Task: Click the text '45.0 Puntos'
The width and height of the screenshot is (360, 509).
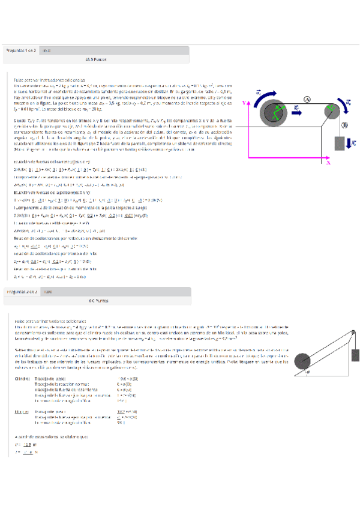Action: pyautogui.click(x=96, y=60)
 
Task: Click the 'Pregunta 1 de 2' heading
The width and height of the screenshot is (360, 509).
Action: pyautogui.click(x=21, y=51)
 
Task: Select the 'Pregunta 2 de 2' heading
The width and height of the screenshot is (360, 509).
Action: pyautogui.click(x=21, y=291)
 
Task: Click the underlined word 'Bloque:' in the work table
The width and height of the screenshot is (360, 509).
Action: pyautogui.click(x=22, y=411)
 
